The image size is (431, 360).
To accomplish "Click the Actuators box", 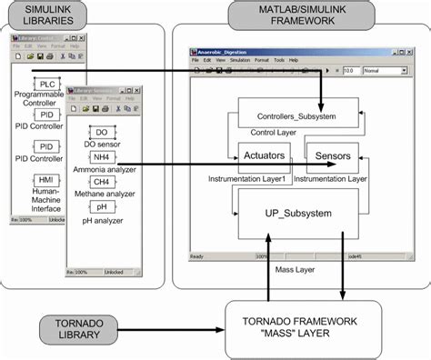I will (x=264, y=157).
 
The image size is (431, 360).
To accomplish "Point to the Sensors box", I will (x=333, y=157).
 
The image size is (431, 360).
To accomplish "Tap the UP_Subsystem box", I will (x=298, y=215).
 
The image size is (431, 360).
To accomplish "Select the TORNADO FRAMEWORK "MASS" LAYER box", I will (x=300, y=326).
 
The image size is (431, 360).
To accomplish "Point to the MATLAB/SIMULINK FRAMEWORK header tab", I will (x=291, y=16).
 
